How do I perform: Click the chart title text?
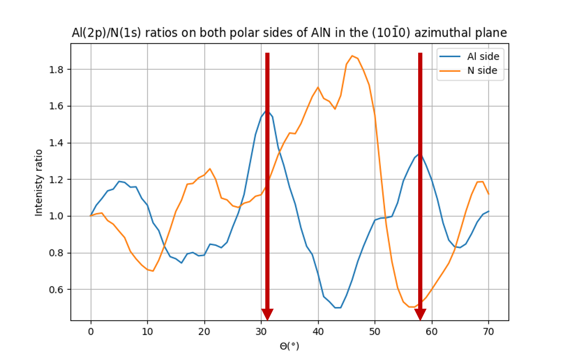tap(289, 33)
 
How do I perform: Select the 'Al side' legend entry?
tap(482, 57)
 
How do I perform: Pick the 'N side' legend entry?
tap(482, 71)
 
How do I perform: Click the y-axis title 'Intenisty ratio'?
tap(39, 183)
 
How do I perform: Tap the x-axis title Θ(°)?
tap(289, 346)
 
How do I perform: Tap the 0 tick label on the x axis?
tap(91, 331)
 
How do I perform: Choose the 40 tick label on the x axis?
tap(318, 331)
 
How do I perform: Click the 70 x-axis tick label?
tap(488, 331)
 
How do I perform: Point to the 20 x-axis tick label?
tap(204, 331)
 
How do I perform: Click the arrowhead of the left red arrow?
tap(267, 314)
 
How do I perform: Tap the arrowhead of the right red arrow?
tap(420, 314)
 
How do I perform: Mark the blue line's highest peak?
tap(267, 111)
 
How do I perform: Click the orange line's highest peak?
tap(352, 56)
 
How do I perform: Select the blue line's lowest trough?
tap(338, 308)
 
